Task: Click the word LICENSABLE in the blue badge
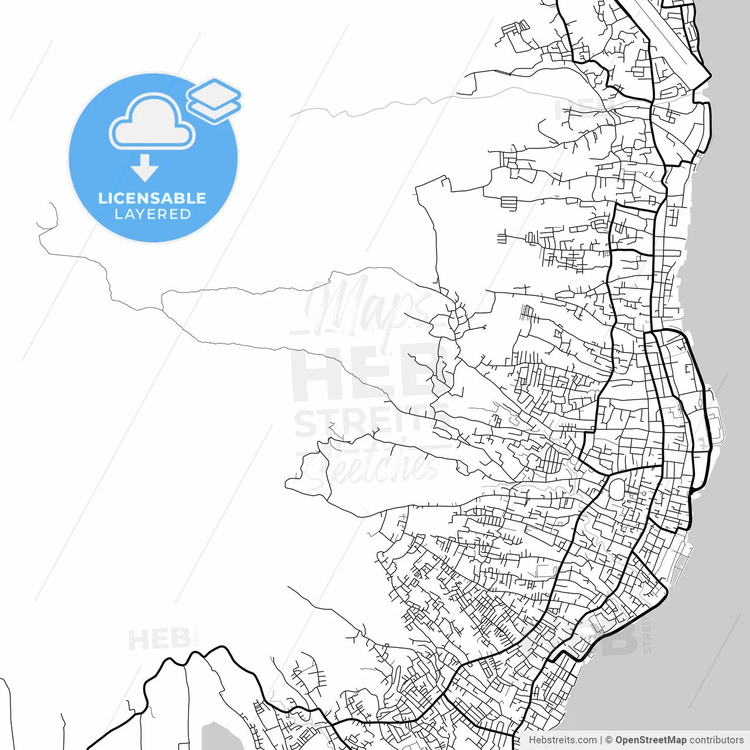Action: click(x=152, y=198)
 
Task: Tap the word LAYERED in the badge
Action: click(x=152, y=214)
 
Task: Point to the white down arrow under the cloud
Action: click(x=145, y=168)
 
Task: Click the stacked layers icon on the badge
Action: click(x=214, y=100)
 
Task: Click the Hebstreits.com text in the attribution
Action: click(x=562, y=740)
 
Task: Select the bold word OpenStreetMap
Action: click(x=650, y=740)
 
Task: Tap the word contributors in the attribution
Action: click(x=716, y=740)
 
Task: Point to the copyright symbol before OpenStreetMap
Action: click(x=609, y=740)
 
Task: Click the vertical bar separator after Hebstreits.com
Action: click(x=601, y=740)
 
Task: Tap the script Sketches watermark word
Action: click(x=375, y=466)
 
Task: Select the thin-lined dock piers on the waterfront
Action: click(x=680, y=562)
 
